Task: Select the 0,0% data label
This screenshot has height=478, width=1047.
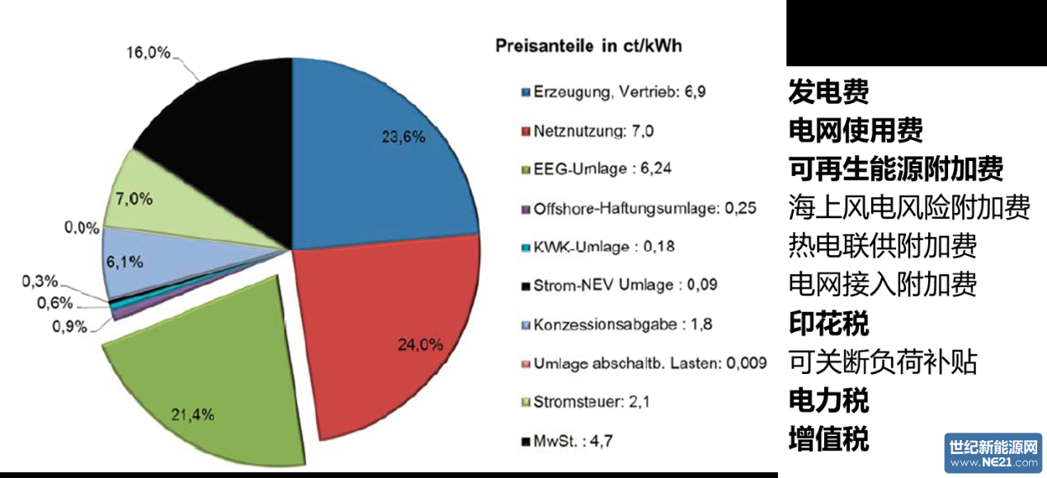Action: (82, 227)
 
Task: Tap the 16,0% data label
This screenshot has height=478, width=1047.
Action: (149, 53)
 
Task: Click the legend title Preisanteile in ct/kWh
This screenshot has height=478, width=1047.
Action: (588, 46)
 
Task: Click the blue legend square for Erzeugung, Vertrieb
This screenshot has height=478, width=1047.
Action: (525, 92)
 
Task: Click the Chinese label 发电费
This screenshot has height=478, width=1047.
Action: (828, 92)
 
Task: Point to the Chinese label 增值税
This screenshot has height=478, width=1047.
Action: (828, 439)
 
